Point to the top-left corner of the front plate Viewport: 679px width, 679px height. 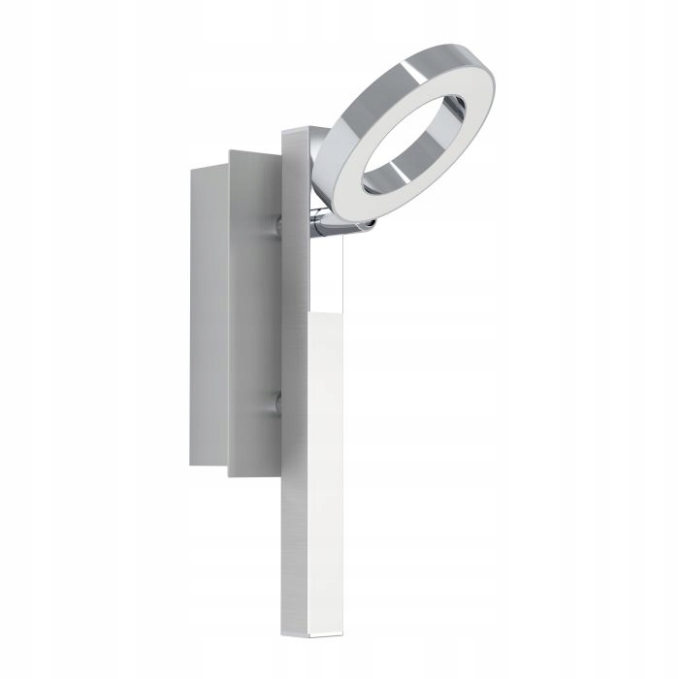229,151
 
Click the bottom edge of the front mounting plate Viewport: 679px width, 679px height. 254,475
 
